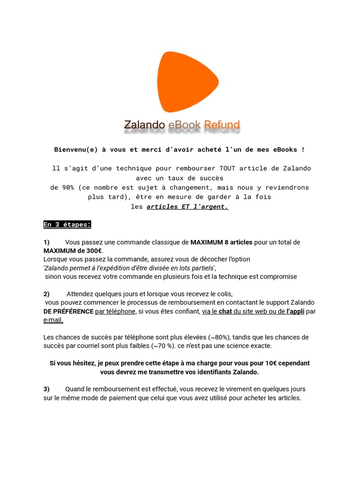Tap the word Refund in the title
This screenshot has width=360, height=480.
pos(222,125)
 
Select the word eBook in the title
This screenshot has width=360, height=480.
pos(184,125)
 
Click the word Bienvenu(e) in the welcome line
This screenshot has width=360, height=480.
pos(75,150)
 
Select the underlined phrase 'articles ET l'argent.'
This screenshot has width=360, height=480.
pos(187,206)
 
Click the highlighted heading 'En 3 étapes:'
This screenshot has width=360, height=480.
pos(67,225)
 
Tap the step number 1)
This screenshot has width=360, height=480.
pos(46,242)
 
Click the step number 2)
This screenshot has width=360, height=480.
pos(46,294)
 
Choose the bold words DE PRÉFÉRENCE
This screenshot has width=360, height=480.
pos(68,311)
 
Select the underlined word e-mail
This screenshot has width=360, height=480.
pos(53,320)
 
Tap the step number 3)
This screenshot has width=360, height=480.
pos(46,390)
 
